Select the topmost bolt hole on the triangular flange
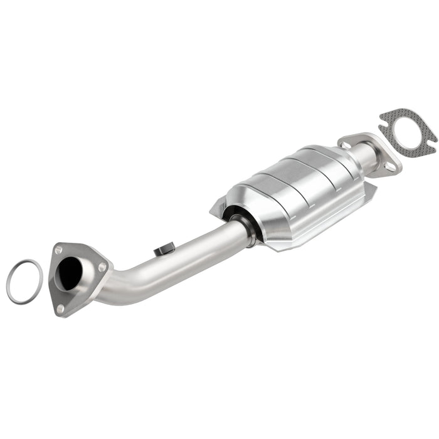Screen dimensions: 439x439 point(59,250)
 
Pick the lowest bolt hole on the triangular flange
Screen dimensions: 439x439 point(60,308)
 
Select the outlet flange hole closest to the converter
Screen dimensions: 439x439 point(345,145)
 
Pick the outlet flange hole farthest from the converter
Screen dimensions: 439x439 point(390,167)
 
